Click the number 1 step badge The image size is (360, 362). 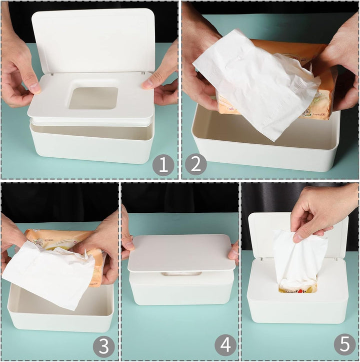point(163,165)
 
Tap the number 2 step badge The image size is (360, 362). point(196,165)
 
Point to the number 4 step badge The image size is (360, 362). point(225,345)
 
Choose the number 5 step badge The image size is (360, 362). point(345,345)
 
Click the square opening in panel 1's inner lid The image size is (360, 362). point(93,98)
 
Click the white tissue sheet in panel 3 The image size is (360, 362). point(47,273)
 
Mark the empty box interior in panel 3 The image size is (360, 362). point(60,300)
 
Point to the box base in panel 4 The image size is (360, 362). point(181,290)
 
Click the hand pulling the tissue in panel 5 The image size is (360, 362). point(320,210)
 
